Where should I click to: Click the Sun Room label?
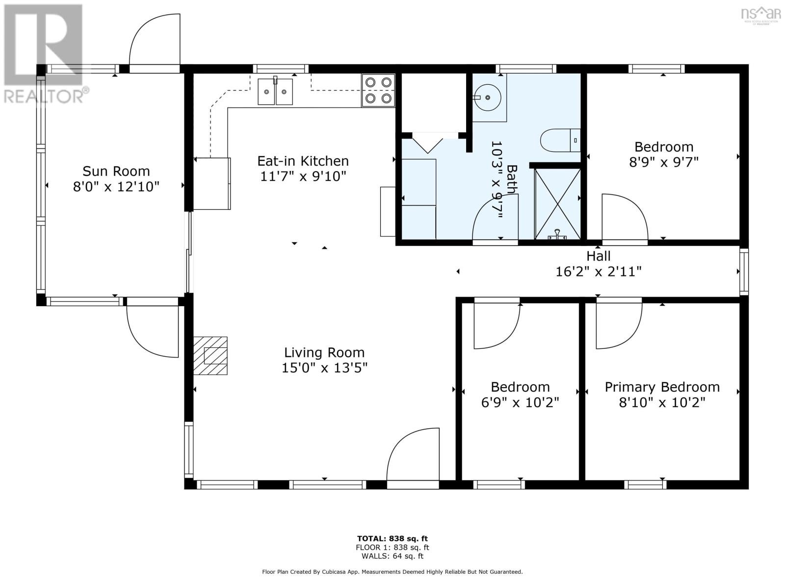coord(116,171)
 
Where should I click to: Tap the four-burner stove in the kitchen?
coord(378,90)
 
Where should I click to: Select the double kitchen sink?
coord(275,92)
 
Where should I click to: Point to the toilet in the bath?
coord(560,140)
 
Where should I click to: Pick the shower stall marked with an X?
coord(557,204)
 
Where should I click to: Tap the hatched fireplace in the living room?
coord(210,356)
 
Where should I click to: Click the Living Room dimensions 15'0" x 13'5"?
coord(324,367)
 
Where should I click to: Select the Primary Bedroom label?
coord(662,387)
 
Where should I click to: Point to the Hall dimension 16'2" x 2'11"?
coord(598,271)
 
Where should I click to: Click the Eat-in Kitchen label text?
coord(303,161)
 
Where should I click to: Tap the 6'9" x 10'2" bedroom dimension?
coord(520,403)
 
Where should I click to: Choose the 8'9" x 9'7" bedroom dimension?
coord(664,163)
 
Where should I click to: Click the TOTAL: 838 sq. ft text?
coord(392,539)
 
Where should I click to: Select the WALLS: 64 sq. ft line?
coord(392,556)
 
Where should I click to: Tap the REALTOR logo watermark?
coord(45,53)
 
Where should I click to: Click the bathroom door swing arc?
coord(496,217)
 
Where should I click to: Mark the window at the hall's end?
coord(744,271)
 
